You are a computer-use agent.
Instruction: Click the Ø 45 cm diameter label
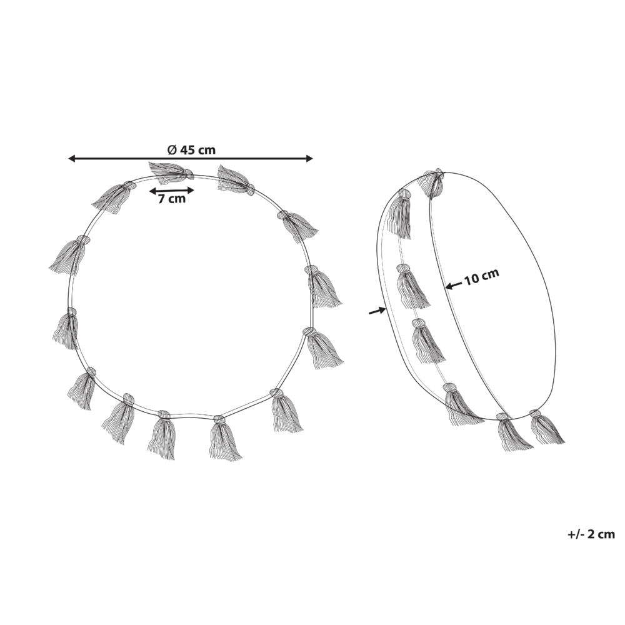(x=192, y=150)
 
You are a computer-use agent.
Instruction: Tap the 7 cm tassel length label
(x=172, y=199)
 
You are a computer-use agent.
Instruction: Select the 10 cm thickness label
(x=481, y=276)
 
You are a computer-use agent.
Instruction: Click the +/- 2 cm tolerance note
(x=591, y=534)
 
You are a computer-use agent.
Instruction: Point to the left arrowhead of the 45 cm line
(x=72, y=159)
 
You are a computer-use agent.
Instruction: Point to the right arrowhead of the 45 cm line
(x=309, y=159)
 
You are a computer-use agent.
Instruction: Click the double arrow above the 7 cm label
(x=171, y=191)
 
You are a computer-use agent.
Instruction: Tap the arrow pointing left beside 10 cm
(x=454, y=286)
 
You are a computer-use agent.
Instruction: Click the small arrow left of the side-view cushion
(x=377, y=311)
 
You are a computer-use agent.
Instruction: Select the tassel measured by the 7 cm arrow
(x=171, y=172)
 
